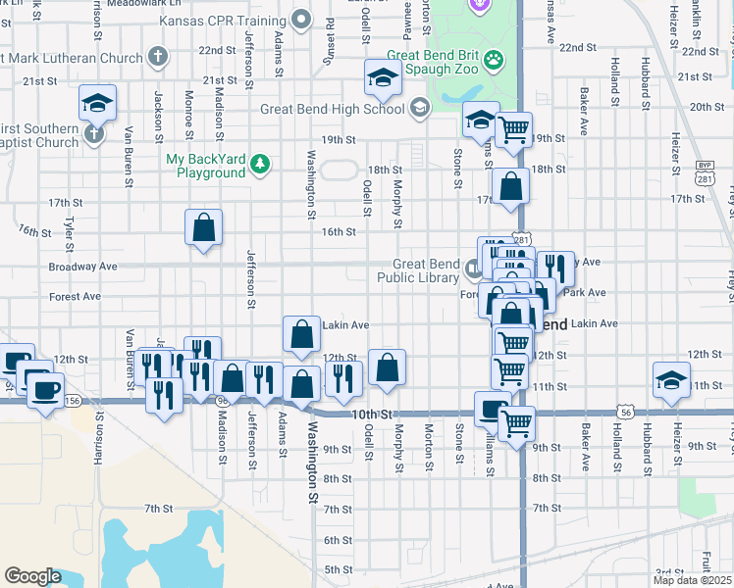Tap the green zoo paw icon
[x=494, y=60]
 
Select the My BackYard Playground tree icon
[x=260, y=163]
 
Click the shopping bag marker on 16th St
[x=203, y=228]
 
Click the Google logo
[x=31, y=576]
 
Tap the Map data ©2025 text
[x=694, y=579]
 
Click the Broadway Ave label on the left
[x=83, y=267]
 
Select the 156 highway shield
[x=72, y=400]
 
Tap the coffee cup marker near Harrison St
[x=43, y=390]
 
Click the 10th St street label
[x=373, y=415]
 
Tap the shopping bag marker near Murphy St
[x=389, y=367]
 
